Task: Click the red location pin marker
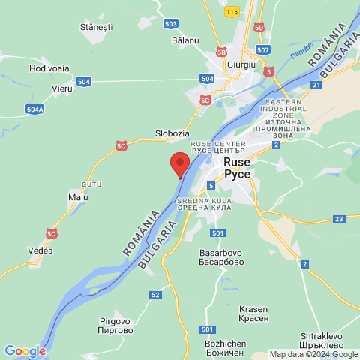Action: click(x=179, y=163)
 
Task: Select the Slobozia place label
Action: click(x=172, y=133)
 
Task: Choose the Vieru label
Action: click(x=62, y=88)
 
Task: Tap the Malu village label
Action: click(x=78, y=197)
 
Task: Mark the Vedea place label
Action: click(x=40, y=250)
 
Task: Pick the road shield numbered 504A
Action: click(x=34, y=109)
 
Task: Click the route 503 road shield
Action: click(x=170, y=23)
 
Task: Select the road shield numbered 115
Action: click(x=231, y=11)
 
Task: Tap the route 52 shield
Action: click(x=155, y=295)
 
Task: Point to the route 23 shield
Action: click(x=339, y=219)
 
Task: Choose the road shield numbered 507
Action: click(x=262, y=50)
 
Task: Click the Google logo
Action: click(x=25, y=350)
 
